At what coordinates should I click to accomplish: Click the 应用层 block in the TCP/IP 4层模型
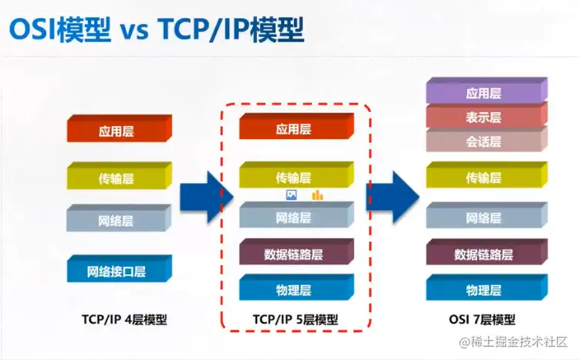pos(118,131)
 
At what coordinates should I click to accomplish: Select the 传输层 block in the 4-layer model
pos(118,178)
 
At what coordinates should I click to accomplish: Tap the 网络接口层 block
pos(118,270)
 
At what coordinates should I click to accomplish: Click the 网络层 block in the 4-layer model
pos(118,220)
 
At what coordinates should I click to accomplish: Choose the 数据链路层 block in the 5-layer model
pos(295,253)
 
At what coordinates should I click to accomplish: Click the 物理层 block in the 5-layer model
pos(295,290)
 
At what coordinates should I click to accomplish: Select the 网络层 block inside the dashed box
pos(295,218)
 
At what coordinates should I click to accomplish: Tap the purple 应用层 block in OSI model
pos(485,93)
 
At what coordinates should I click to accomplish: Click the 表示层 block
pos(485,117)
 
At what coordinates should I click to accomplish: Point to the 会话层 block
pos(485,141)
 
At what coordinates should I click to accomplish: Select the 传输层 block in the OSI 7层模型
pos(485,178)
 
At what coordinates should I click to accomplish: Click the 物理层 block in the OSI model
pos(485,290)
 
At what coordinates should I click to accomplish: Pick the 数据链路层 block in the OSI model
pos(485,253)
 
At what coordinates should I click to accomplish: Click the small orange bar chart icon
pos(317,195)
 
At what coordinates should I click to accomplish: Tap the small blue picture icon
pos(291,195)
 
